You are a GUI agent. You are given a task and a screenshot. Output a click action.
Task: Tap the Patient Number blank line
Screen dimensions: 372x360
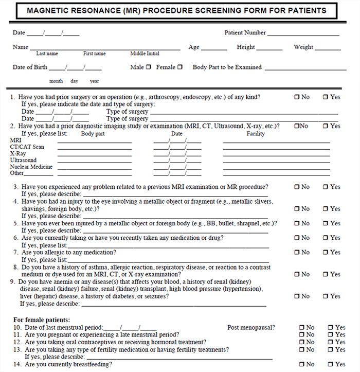pyautogui.click(x=303, y=34)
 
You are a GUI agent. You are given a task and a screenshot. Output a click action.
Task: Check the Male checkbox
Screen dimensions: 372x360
pyautogui.click(x=149, y=67)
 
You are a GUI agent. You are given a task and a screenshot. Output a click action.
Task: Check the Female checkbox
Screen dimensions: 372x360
pyautogui.click(x=179, y=67)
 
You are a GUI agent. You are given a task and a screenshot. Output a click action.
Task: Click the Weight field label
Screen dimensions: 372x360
pyautogui.click(x=303, y=47)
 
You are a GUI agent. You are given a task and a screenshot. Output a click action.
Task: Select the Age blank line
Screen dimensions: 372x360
pyautogui.click(x=214, y=49)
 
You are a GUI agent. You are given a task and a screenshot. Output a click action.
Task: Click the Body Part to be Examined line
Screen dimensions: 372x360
pyautogui.click(x=305, y=69)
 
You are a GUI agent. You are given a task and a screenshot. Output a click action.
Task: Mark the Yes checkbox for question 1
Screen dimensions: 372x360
pyautogui.click(x=326, y=97)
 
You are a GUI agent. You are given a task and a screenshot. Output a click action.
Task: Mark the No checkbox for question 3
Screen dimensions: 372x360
pyautogui.click(x=297, y=187)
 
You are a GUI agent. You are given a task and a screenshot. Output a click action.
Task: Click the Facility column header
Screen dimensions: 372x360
pyautogui.click(x=256, y=134)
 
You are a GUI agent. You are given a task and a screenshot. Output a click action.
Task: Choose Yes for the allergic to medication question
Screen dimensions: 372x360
pyautogui.click(x=326, y=252)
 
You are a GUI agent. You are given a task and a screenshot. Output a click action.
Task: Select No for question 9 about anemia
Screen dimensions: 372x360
pyautogui.click(x=297, y=296)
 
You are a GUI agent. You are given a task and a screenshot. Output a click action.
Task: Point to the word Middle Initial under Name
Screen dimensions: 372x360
pyautogui.click(x=145, y=54)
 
